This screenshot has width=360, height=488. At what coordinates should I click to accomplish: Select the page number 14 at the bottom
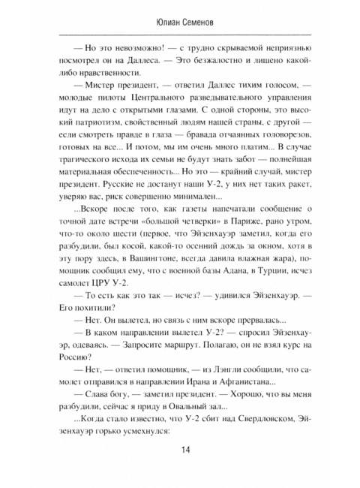point(180,449)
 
